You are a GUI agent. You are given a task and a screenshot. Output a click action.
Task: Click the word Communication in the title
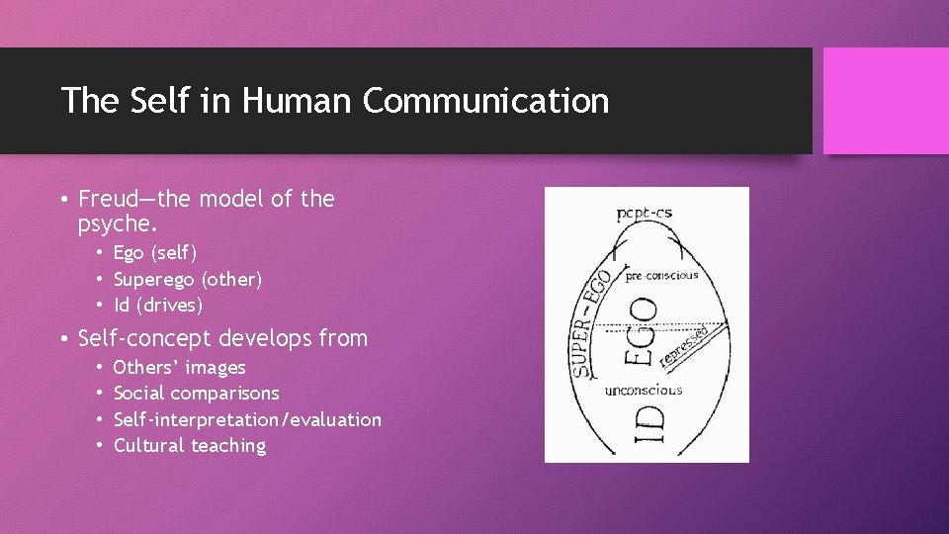(485, 101)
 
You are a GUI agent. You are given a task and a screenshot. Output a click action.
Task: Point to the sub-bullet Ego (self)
(155, 254)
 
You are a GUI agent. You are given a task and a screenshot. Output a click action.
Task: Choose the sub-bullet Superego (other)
(188, 280)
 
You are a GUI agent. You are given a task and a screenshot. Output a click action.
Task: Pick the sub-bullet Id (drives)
(158, 306)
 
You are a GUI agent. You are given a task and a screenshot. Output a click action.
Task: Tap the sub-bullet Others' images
(180, 368)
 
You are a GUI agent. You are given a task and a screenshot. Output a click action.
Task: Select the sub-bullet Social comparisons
(197, 394)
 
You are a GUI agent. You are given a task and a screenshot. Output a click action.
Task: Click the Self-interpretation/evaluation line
(247, 419)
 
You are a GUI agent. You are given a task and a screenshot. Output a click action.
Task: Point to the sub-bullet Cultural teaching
(190, 445)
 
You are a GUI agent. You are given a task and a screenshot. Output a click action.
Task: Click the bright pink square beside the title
(885, 101)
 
